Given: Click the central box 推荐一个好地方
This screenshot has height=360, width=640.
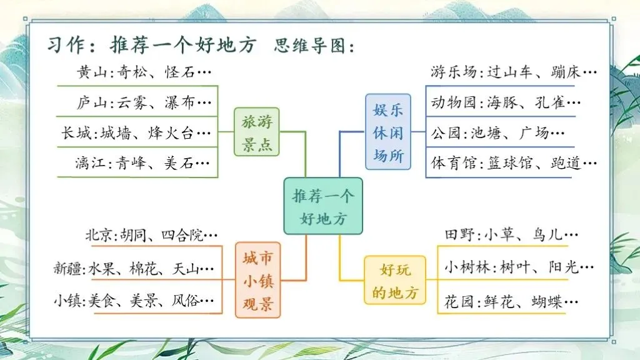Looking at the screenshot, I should click(x=322, y=207).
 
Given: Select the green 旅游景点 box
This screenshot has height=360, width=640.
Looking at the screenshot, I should click(x=257, y=132).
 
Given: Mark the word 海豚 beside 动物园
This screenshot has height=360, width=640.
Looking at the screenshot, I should click(x=501, y=102).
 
